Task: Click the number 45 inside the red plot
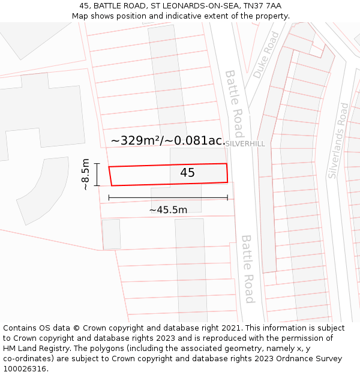tap(187, 173)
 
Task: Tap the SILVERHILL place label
tap(245, 144)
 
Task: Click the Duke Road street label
tap(266, 55)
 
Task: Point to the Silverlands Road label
tap(338, 140)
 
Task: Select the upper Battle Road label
tap(234, 95)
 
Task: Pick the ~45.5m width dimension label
tap(168, 209)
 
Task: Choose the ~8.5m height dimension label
tap(85, 174)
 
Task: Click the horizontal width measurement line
tap(168, 197)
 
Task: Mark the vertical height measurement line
tap(97, 174)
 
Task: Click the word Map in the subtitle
tap(81, 16)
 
